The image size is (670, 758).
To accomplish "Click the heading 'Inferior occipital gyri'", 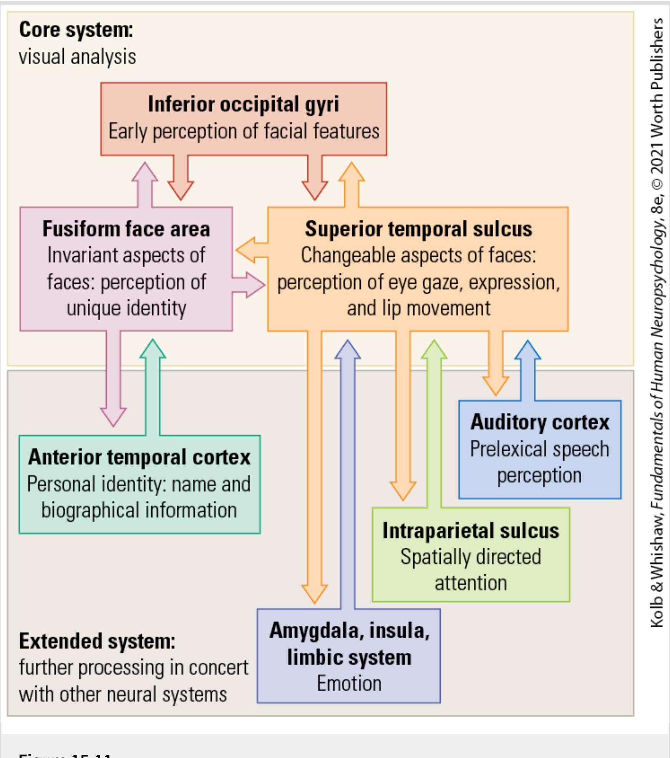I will (x=243, y=104).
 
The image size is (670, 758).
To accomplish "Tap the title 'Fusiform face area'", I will (x=126, y=229).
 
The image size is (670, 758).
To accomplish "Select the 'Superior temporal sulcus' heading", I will (x=418, y=229).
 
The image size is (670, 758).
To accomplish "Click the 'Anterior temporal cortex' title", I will (x=139, y=457).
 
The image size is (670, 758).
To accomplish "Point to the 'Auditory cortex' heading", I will (x=540, y=422).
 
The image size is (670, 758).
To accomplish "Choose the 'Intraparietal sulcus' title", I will (x=471, y=531).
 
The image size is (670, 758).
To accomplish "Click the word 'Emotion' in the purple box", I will (x=349, y=683).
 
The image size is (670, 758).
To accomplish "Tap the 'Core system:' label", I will (x=76, y=30).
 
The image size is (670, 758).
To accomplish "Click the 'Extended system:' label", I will (x=97, y=641).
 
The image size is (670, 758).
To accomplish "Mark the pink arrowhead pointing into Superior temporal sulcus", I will (x=255, y=285).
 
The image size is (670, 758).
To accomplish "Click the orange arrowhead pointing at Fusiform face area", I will (x=246, y=250).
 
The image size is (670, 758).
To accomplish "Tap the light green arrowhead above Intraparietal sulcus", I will (x=434, y=350).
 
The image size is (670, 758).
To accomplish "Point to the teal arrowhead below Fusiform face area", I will (x=153, y=349).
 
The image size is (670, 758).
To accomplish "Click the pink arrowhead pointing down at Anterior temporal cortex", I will (x=113, y=416).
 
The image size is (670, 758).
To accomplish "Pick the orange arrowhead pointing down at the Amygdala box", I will (x=314, y=593).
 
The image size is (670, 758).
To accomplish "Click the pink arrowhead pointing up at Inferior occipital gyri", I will (x=144, y=172).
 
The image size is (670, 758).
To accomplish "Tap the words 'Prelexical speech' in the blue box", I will (x=539, y=449).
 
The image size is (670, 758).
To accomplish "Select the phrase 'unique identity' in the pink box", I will (x=126, y=308).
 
